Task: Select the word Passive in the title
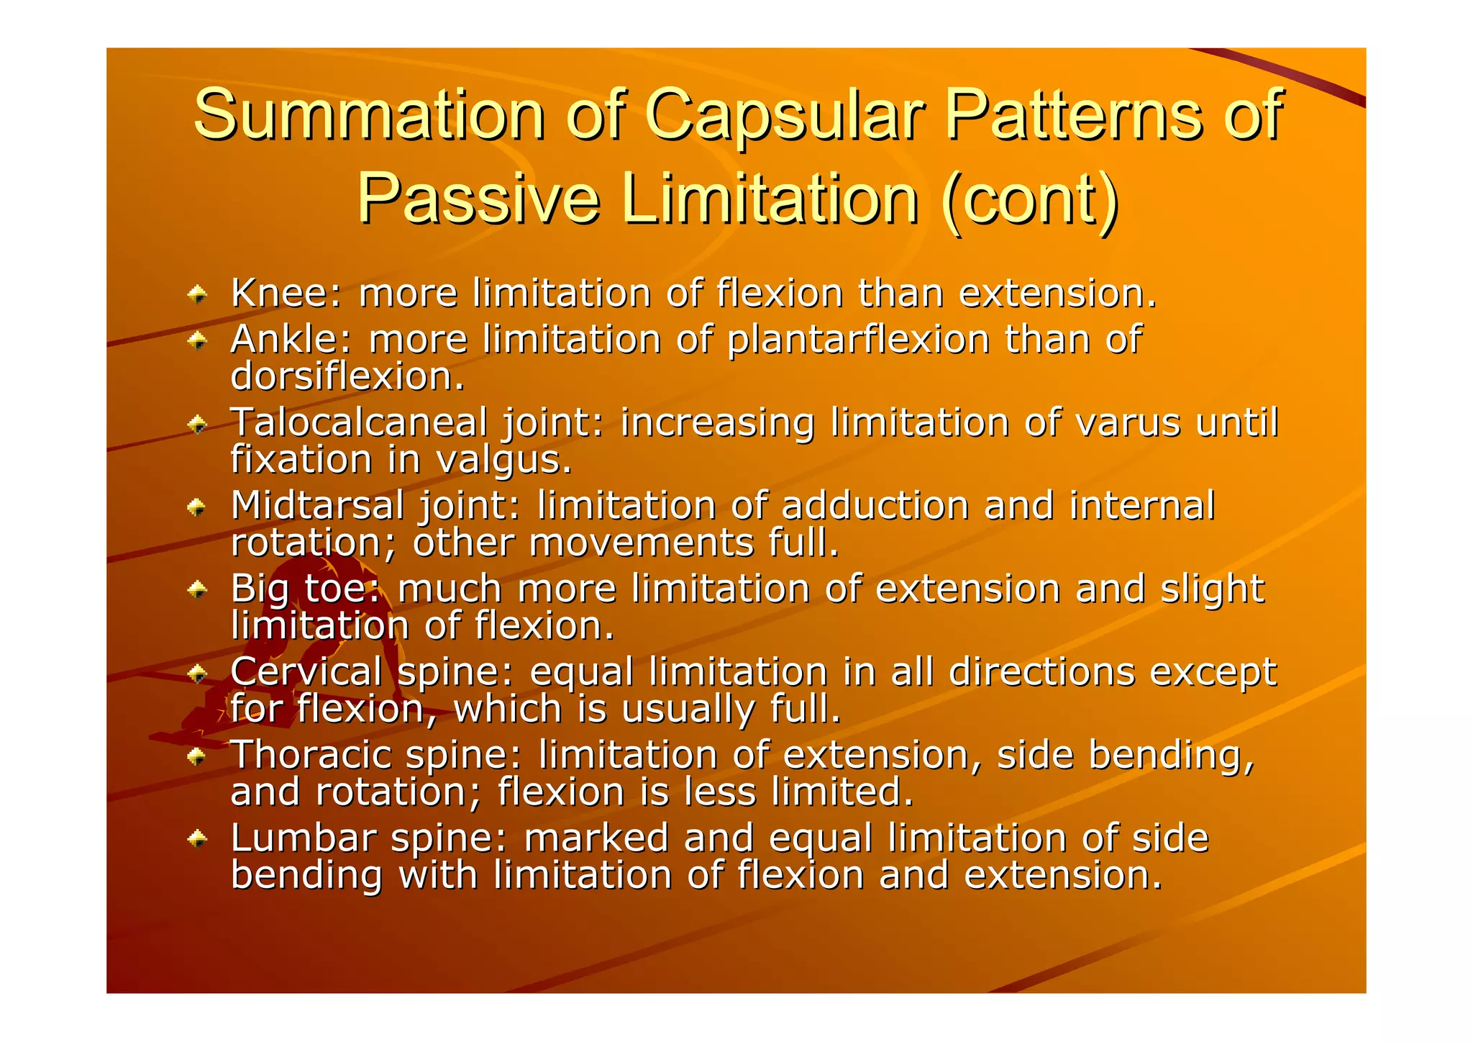coord(478,199)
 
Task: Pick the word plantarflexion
coord(858,340)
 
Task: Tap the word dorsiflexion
coord(347,376)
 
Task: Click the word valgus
coord(504,461)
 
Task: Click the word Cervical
coord(306,672)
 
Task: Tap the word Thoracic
coord(310,755)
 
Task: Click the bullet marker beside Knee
coord(197,294)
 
